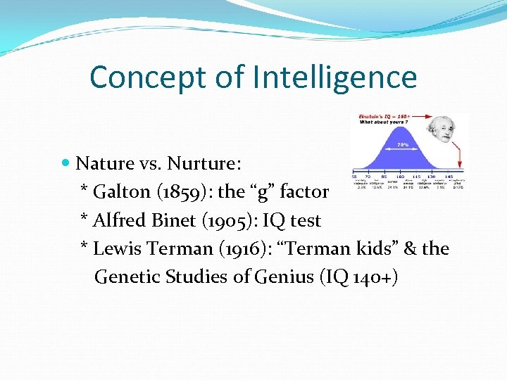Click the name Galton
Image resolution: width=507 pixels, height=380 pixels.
point(121,191)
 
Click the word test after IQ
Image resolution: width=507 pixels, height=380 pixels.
point(306,220)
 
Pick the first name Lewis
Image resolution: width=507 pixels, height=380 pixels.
point(114,248)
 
